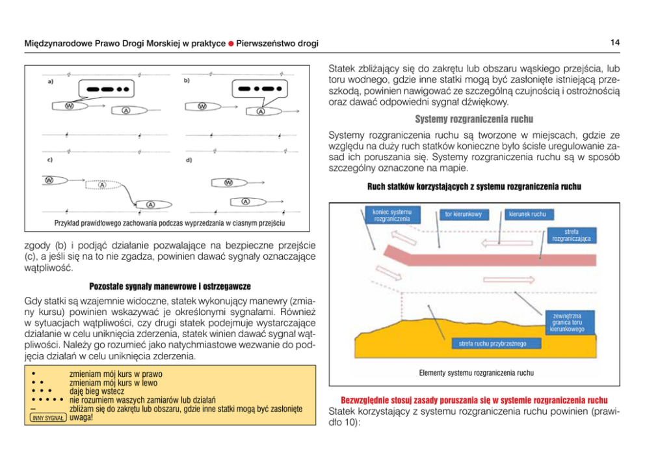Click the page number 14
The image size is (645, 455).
(614, 43)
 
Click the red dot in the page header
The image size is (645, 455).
(230, 44)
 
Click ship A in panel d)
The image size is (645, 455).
(246, 201)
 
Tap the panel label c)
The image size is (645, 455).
(49, 159)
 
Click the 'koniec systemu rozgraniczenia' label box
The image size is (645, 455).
(392, 215)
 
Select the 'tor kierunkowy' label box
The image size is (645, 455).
(463, 214)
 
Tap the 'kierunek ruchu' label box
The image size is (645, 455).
(527, 214)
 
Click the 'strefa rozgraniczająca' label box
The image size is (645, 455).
(572, 235)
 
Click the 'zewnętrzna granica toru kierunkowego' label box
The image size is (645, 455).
(566, 322)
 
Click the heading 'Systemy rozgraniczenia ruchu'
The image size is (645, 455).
(474, 120)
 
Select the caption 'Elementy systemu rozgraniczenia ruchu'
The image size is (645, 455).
(476, 374)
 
